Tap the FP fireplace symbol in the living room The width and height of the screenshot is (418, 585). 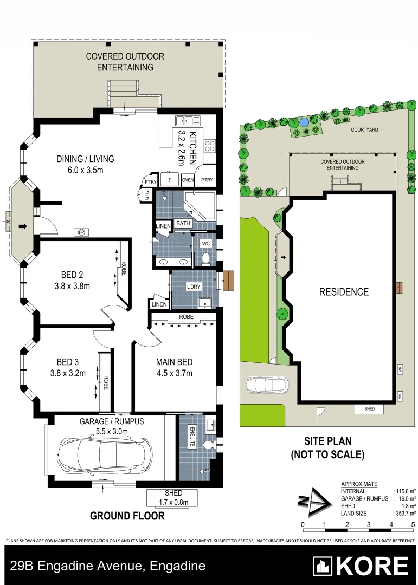click(x=82, y=232)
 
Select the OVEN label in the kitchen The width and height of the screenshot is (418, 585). click(x=188, y=180)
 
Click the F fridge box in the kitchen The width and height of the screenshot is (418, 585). click(x=170, y=180)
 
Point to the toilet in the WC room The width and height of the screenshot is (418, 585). click(x=206, y=259)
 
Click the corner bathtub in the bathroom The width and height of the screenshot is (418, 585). click(x=199, y=206)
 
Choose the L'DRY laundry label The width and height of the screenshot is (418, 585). click(x=194, y=286)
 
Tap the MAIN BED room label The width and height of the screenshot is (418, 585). click(x=174, y=362)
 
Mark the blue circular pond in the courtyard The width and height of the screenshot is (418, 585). click(x=305, y=122)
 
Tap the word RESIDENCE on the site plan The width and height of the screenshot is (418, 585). click(x=343, y=292)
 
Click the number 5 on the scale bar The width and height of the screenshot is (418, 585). click(x=413, y=524)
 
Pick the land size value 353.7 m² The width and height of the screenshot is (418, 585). click(x=404, y=513)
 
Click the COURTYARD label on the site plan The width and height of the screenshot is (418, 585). click(x=364, y=130)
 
